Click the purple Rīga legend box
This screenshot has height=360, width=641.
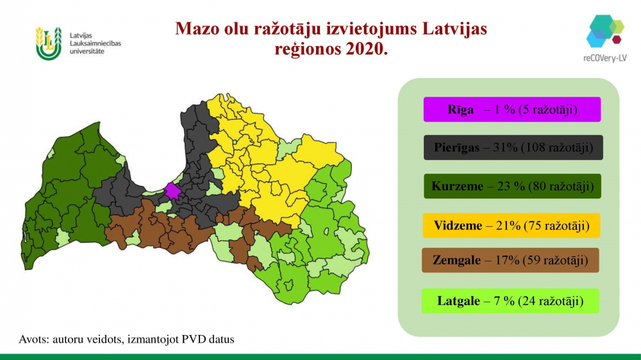tap(512, 109)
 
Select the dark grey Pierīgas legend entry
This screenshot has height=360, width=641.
tap(513, 147)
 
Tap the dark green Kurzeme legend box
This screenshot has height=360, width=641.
tap(512, 186)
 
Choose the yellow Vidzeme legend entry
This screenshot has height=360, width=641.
tap(511, 225)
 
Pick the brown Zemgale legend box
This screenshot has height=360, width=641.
tap(510, 260)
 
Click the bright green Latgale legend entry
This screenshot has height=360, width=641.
tap(510, 301)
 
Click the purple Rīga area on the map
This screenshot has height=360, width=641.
tap(172, 191)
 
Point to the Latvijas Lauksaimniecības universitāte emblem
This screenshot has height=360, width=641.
tap(48, 44)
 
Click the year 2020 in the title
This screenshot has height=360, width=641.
tap(366, 49)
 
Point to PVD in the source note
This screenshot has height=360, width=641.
tap(194, 339)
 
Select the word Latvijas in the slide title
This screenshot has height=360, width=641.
tap(454, 29)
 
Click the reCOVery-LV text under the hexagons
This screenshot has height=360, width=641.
tap(604, 58)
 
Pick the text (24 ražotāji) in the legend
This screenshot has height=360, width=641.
tap(550, 301)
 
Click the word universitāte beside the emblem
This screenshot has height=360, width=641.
tap(87, 51)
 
